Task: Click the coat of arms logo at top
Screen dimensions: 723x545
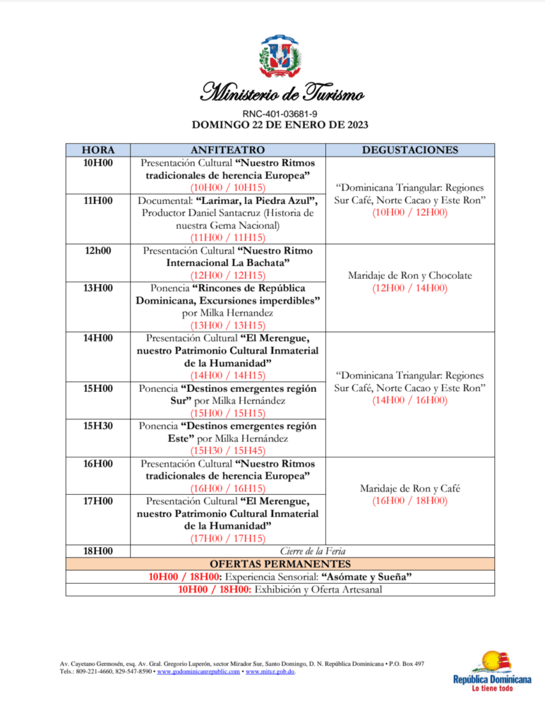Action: (280, 56)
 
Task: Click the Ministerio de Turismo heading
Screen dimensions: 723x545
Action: (282, 92)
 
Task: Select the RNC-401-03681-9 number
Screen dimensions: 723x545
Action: (280, 113)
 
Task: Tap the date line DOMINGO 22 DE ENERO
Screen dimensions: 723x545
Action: (280, 125)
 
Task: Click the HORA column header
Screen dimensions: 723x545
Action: (99, 150)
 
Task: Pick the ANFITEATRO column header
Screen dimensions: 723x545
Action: (228, 150)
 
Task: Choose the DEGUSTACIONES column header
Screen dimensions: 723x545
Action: (409, 150)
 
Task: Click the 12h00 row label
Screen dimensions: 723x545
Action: (99, 251)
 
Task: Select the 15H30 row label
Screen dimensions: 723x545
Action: (99, 426)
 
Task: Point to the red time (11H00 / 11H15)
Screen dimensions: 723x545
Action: (228, 238)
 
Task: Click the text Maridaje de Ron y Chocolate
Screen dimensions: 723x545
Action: (409, 275)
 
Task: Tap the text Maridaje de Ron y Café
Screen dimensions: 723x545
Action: (409, 489)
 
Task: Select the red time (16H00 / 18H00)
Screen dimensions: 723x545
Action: (409, 501)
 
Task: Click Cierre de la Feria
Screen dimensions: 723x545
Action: (313, 551)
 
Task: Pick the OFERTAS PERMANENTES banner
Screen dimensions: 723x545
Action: (280, 564)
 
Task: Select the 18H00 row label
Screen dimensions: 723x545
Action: (99, 551)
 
